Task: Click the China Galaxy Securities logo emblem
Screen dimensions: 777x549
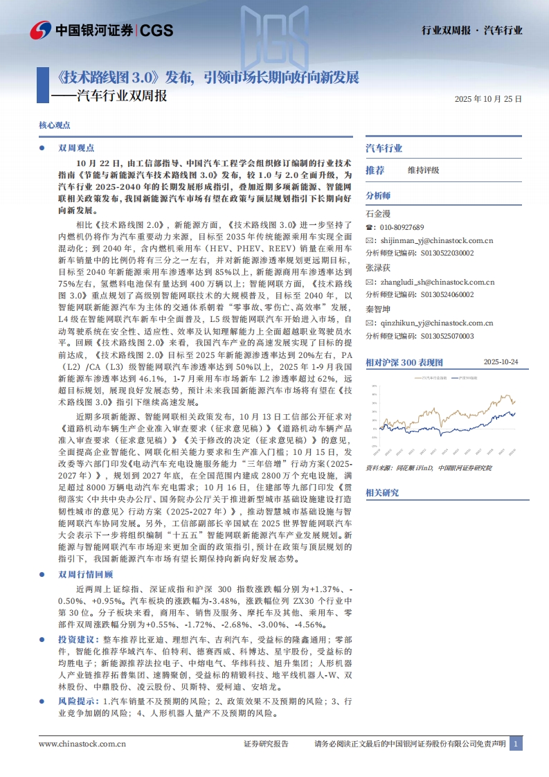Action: [40, 30]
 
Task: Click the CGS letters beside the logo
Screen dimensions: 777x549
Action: [156, 30]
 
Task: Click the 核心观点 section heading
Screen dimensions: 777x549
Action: [55, 125]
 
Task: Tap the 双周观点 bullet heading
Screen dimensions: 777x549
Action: [76, 148]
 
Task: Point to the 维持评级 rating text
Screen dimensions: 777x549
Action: [423, 170]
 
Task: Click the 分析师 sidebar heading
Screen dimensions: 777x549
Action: [378, 195]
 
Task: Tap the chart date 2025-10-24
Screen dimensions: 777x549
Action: [501, 361]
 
